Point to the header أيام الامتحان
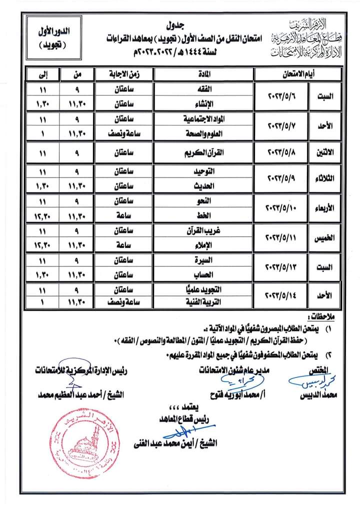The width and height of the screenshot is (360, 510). [x=298, y=74]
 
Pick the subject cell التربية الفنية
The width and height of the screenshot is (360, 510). [x=204, y=301]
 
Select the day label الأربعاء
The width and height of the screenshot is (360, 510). [x=325, y=207]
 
